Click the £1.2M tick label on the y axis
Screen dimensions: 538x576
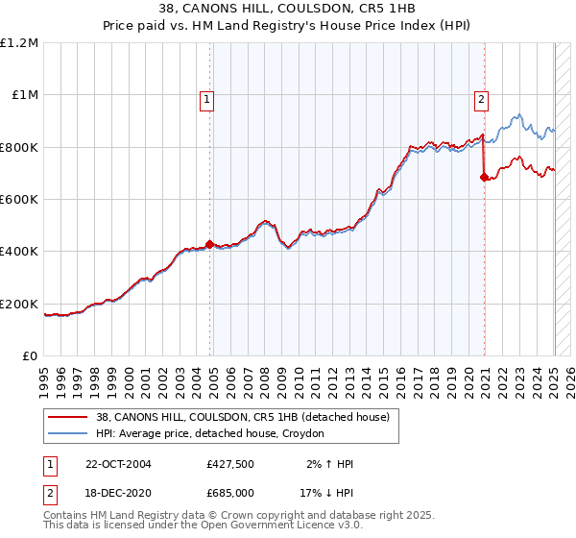tap(19, 43)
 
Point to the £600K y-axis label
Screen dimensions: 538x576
tap(19, 200)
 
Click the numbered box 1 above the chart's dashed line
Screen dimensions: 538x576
tap(207, 98)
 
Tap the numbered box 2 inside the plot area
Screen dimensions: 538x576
tap(481, 98)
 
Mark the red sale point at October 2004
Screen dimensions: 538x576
tap(210, 244)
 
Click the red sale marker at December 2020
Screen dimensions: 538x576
tap(485, 177)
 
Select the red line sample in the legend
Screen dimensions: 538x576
tap(69, 418)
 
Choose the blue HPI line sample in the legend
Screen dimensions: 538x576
tap(69, 434)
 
